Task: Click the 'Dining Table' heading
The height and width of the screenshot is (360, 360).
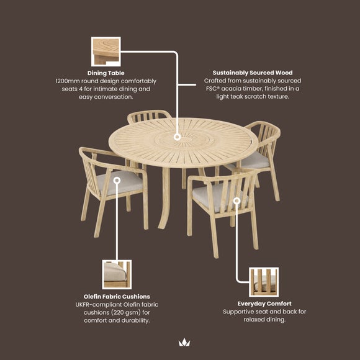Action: [106, 73]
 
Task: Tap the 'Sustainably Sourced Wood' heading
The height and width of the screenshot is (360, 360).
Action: [253, 73]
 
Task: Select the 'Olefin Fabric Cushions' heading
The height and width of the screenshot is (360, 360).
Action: [117, 297]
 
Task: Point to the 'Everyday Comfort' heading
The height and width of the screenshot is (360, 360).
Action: [264, 304]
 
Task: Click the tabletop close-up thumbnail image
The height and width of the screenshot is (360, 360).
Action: [106, 52]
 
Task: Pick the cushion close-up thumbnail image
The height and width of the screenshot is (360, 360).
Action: [117, 274]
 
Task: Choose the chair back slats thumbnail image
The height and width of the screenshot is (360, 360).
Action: [264, 282]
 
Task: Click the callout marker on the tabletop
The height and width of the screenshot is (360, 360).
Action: [177, 137]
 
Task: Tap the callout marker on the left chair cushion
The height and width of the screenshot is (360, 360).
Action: [117, 180]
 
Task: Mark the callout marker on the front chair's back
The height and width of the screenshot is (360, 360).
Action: [236, 201]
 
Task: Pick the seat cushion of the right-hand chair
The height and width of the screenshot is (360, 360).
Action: [255, 160]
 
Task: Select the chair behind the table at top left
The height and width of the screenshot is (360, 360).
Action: [149, 117]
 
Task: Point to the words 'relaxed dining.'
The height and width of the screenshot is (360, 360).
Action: [264, 320]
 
